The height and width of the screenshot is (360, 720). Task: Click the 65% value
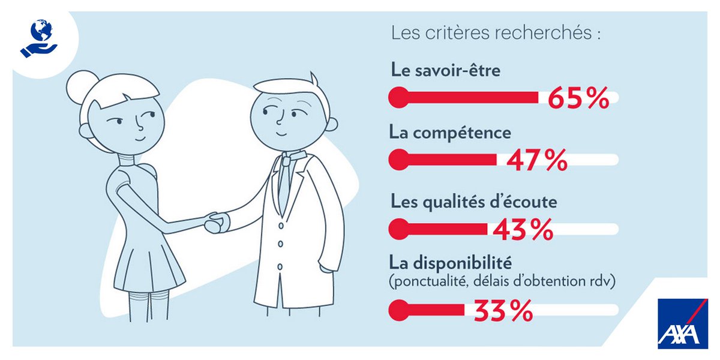578,98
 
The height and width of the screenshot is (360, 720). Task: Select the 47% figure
536,160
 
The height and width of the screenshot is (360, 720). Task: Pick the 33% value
503,311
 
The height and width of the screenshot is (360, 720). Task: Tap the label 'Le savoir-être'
445,70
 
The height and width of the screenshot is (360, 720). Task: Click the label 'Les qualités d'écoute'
473,202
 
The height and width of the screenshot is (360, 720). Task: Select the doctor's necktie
287,180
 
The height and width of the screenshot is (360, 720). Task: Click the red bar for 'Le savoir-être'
468,96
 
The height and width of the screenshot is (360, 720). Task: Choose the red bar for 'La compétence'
447,160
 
